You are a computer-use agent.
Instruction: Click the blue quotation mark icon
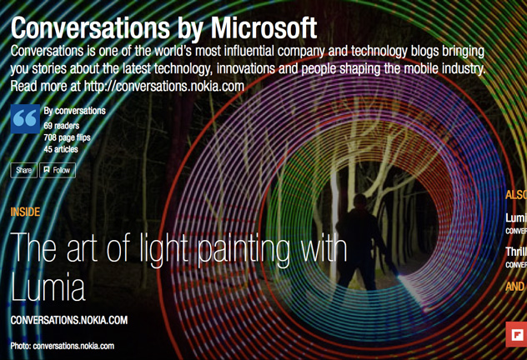[x=25, y=119]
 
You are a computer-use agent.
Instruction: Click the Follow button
[x=58, y=170]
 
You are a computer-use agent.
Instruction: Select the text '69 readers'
[x=63, y=125]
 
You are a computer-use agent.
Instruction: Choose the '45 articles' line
[x=61, y=149]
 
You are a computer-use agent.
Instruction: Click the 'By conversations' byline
[x=74, y=111]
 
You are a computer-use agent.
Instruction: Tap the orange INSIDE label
[x=25, y=212]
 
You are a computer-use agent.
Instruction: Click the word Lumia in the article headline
[x=48, y=287]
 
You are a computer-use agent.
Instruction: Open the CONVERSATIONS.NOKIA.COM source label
[x=68, y=320]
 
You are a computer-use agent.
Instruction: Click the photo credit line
[x=62, y=345]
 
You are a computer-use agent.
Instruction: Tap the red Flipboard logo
[x=516, y=335]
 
